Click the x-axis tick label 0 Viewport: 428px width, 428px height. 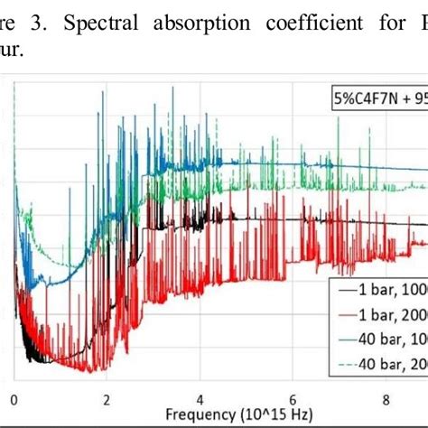pos(14,399)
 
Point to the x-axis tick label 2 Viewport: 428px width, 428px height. pos(107,399)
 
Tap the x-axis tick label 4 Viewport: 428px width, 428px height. pos(200,399)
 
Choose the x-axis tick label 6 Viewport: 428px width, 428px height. pos(293,399)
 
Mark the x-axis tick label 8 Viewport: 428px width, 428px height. pos(386,399)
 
